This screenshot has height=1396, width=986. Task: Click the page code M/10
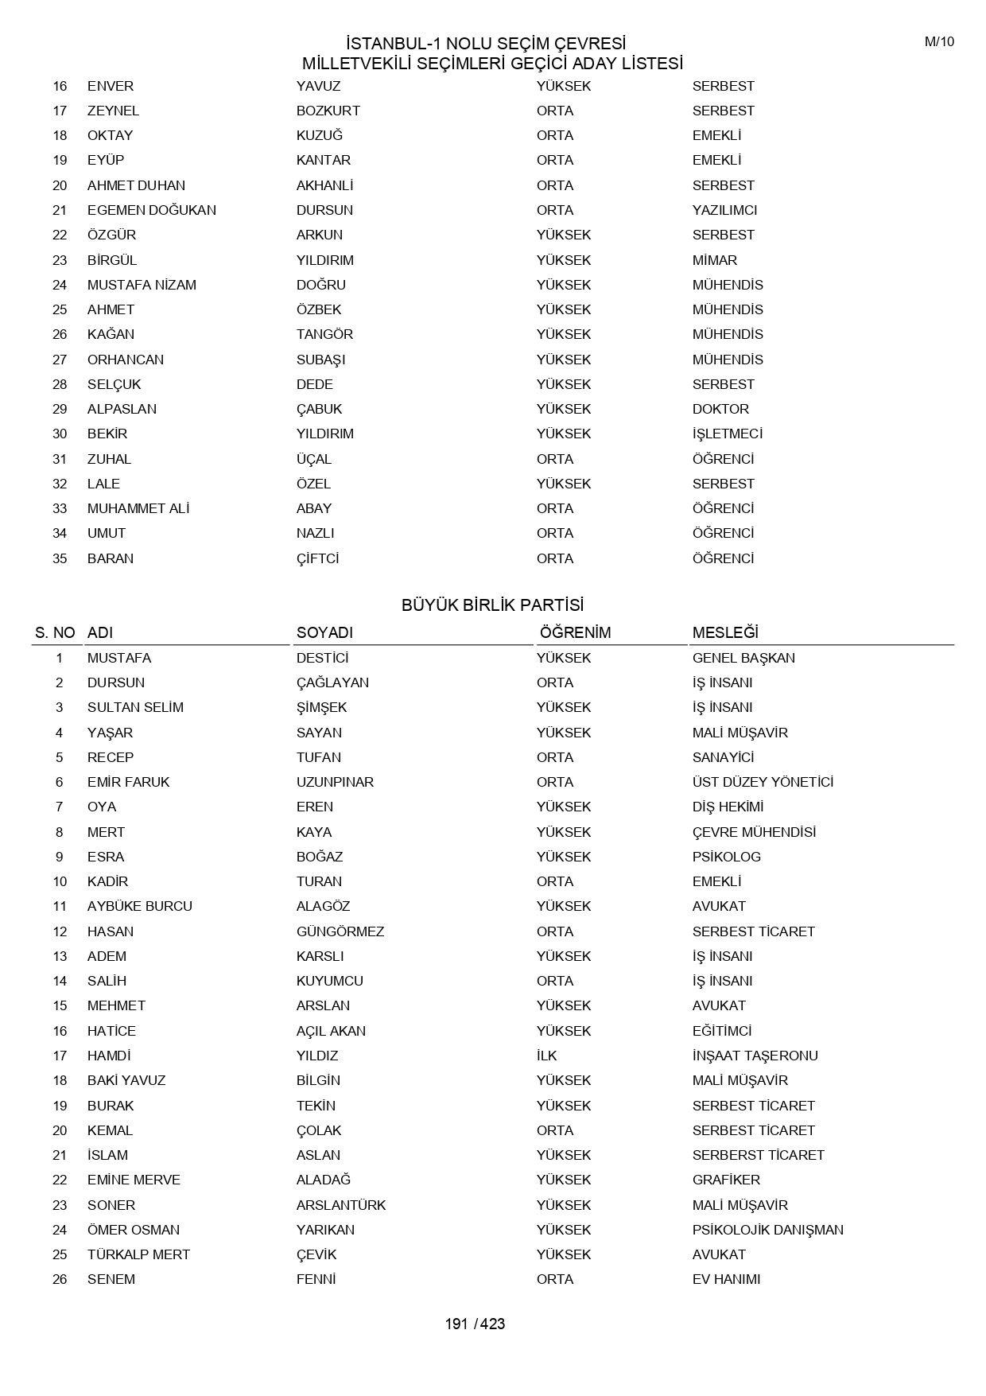[939, 42]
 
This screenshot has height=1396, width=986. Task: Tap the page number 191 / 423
[475, 1324]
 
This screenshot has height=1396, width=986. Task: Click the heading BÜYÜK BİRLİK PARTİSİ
[492, 605]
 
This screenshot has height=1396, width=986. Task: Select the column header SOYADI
[324, 633]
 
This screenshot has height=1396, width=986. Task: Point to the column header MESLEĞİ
[725, 633]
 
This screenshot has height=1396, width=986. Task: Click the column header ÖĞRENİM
[575, 633]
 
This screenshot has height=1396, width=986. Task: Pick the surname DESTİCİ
[322, 658]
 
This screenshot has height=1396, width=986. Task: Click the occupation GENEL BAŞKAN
[743, 658]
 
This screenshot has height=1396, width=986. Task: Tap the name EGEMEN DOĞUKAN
[151, 210]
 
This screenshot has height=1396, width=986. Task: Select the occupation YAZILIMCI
[724, 210]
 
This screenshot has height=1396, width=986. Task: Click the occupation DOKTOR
[720, 409]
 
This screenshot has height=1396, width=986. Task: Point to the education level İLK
[546, 1056]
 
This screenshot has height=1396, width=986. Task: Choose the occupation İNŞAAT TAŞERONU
[755, 1056]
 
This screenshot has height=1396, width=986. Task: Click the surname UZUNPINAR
[335, 782]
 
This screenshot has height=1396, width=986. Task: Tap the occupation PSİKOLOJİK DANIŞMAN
[767, 1230]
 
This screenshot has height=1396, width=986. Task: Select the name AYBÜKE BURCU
[139, 906]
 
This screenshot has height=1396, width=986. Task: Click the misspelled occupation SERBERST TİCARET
[758, 1155]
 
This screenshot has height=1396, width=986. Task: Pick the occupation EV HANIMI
[726, 1279]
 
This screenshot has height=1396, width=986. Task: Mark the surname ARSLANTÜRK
[341, 1205]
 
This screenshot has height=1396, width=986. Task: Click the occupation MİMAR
[714, 260]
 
